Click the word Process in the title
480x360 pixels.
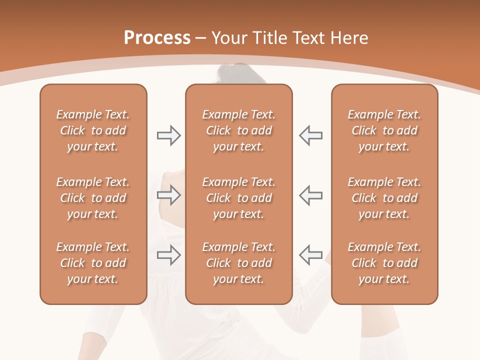[157, 38]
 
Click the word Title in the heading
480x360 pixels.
[270, 38]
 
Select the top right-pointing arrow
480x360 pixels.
[169, 135]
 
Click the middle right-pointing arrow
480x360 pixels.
[169, 195]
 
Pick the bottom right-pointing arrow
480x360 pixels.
[169, 255]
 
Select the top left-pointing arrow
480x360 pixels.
[310, 135]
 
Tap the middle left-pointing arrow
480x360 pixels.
[310, 195]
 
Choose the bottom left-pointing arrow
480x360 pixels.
[310, 255]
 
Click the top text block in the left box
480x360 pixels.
[93, 130]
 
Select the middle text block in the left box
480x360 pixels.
[93, 198]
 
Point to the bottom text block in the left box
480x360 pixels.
[93, 263]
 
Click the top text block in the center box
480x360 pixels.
[238, 130]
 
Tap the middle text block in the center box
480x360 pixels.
[238, 198]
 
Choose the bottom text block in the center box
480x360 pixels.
[238, 263]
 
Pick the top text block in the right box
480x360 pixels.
[384, 130]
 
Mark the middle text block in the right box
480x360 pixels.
[384, 198]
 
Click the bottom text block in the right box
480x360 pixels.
[384, 263]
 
